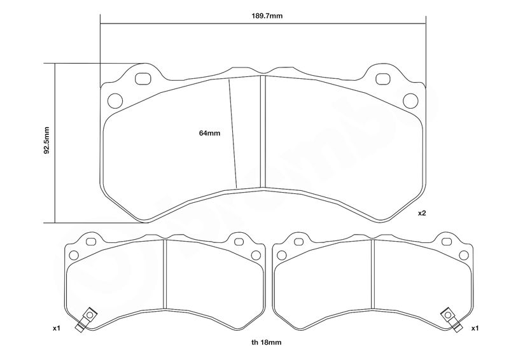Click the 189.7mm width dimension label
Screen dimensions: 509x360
tap(267, 16)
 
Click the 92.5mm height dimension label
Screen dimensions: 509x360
tap(46, 140)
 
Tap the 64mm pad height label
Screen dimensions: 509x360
tap(210, 133)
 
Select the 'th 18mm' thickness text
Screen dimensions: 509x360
tap(266, 342)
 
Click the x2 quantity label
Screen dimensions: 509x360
tap(422, 213)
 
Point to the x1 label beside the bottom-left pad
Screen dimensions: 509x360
tap(57, 328)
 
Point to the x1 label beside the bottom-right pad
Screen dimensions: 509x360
tap(475, 328)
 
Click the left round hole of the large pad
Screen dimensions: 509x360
tap(115, 100)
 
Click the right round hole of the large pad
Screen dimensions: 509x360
tap(410, 100)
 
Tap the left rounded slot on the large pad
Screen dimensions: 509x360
tap(143, 79)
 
